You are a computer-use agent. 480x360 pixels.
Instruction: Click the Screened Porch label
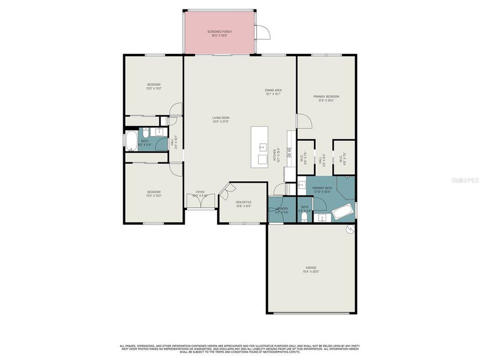tap(219, 33)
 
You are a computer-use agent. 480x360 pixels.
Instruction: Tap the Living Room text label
tap(220, 119)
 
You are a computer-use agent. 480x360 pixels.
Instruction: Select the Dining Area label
tap(273, 91)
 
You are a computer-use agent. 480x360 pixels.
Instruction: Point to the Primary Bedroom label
tap(326, 98)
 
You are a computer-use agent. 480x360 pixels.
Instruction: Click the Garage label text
tap(311, 269)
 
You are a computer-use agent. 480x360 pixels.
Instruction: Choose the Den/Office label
tap(243, 203)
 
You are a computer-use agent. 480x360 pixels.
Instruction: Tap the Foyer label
tap(200, 193)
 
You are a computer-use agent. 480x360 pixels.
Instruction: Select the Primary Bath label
tap(322, 189)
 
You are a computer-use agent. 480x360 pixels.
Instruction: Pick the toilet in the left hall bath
tap(145, 133)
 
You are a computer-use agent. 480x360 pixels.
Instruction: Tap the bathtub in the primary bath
tap(343, 212)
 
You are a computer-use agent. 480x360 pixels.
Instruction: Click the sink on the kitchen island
tap(262, 147)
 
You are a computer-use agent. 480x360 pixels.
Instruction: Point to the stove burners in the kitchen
tap(289, 152)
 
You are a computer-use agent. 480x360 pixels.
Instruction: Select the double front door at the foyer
tap(200, 201)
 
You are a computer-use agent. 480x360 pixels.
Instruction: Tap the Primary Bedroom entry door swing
tap(304, 121)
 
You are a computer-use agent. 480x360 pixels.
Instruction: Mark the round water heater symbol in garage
tap(350, 229)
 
